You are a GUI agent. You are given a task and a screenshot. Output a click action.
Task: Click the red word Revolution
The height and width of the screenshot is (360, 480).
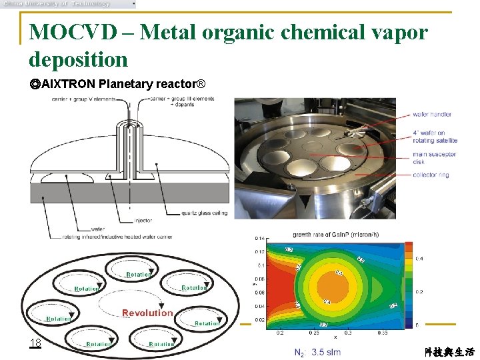[147, 313]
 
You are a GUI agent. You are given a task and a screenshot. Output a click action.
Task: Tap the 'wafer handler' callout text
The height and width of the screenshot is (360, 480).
[432, 114]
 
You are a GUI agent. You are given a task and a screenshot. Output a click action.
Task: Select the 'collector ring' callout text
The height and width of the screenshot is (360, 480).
[431, 175]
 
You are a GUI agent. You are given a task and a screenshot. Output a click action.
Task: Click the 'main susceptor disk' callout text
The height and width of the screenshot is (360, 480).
[435, 157]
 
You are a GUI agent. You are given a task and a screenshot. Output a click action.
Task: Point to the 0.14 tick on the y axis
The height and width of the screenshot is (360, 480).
[260, 238]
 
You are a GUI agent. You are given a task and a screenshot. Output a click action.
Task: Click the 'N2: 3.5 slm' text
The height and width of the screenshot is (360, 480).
[317, 352]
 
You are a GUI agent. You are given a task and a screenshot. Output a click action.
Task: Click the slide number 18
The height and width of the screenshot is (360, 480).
[35, 343]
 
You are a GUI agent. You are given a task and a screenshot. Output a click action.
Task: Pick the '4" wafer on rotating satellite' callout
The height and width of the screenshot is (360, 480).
[435, 137]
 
